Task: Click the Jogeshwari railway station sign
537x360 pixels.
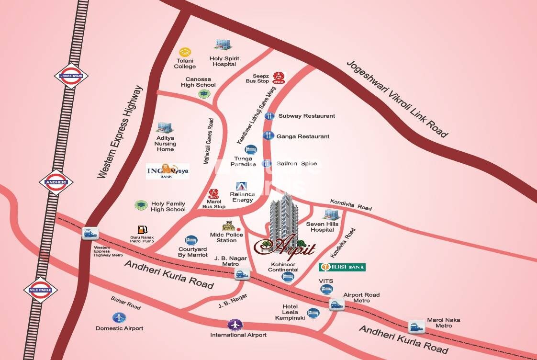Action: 71,76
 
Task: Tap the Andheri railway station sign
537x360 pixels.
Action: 56,182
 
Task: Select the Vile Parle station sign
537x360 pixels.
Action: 41,290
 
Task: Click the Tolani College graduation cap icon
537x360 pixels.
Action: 185,52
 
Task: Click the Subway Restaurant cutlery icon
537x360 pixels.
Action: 269,116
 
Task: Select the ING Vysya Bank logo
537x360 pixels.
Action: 168,171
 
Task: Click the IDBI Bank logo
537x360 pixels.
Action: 342,267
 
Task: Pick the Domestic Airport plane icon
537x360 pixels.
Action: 119,317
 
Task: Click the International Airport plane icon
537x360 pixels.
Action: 235,325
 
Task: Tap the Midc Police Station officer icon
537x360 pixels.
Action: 229,226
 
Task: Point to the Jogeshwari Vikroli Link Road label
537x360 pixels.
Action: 397,99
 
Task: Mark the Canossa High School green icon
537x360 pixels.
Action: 204,94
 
